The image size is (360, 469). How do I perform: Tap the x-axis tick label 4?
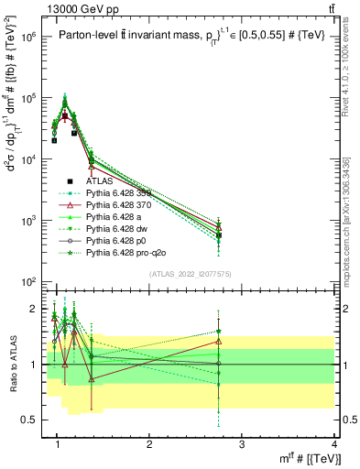coord(333,445)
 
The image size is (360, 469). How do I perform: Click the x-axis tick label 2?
coord(149,445)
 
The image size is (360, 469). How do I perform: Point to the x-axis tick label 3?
coord(241,445)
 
